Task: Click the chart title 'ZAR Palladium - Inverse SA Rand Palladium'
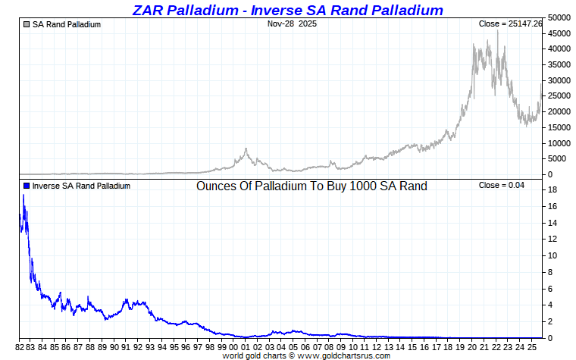[287, 10]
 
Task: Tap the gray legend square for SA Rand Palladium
[27, 24]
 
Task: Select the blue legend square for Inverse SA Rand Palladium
[27, 186]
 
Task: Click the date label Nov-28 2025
[292, 23]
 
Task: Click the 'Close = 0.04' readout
[500, 186]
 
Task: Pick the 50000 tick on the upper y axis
[560, 17]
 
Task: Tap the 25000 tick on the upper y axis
[560, 95]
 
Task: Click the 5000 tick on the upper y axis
[558, 158]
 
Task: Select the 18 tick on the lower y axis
[553, 190]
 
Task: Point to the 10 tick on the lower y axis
[553, 255]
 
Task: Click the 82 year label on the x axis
[20, 346]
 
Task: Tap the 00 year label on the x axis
[233, 346]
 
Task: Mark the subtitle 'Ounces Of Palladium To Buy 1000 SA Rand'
[311, 186]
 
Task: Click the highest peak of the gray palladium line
[498, 31]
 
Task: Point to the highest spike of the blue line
[23, 196]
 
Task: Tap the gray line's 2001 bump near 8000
[246, 149]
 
